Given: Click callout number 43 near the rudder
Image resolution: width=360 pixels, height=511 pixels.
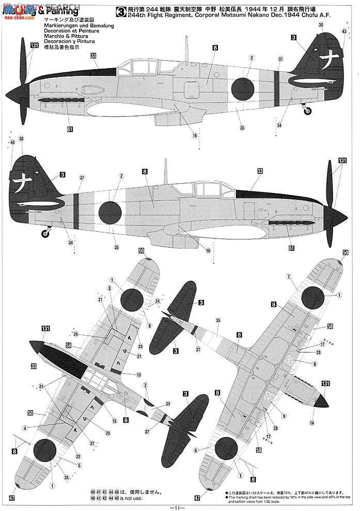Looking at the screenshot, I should coord(343,31).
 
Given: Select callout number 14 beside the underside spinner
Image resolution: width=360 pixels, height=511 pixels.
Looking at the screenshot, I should coord(311,422).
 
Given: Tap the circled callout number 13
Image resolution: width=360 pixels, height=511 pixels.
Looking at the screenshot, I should coord(138,374).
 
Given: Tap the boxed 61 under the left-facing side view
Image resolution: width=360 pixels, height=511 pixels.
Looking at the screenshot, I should coord(70,129).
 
